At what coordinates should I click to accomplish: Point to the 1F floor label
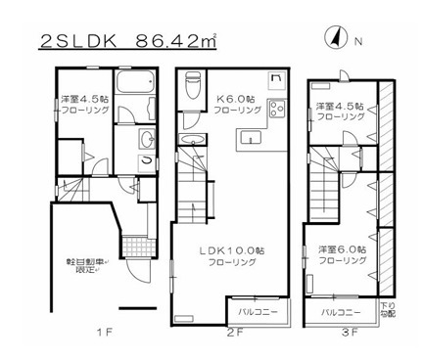pos(102,333)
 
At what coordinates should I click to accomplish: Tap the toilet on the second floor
pos(191,89)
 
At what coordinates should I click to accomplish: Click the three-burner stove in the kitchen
pos(277,108)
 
